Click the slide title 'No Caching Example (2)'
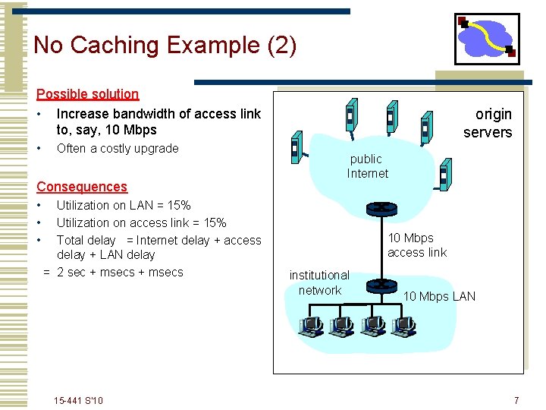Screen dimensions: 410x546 (165, 46)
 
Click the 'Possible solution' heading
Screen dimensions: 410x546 (88, 94)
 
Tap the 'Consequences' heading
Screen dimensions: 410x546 (82, 187)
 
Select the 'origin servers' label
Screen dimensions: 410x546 (489, 123)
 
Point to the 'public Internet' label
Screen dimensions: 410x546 (367, 166)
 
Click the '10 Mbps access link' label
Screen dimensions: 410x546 (416, 245)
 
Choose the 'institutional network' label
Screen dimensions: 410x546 (319, 282)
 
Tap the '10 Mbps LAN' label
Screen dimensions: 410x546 (439, 296)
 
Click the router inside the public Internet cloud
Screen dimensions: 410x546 (377, 209)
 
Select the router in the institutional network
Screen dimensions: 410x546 (377, 285)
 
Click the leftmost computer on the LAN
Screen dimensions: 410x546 (310, 326)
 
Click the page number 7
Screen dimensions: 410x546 (516, 400)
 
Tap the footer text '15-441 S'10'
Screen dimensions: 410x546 (79, 400)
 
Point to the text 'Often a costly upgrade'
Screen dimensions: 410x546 (118, 149)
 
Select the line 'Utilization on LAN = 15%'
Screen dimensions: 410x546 (124, 205)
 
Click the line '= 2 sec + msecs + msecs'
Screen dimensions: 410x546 (113, 273)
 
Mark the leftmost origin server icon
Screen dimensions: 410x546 (297, 148)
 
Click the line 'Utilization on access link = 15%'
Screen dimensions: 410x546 (141, 222)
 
